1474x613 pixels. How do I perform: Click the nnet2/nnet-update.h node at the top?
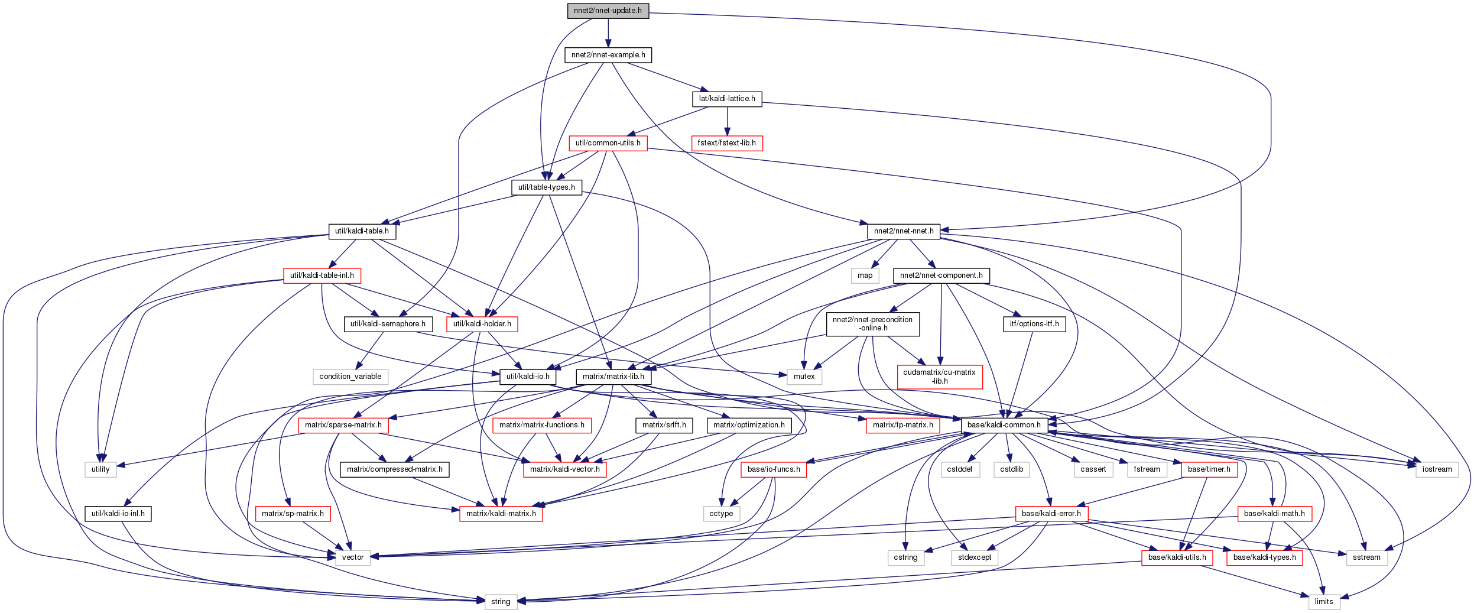(x=608, y=11)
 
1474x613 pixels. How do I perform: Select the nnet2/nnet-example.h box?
(x=608, y=55)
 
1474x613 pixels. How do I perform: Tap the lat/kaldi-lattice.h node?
(x=727, y=99)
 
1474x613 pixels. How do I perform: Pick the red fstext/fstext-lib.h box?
(x=727, y=143)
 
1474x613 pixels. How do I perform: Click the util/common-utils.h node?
(x=608, y=143)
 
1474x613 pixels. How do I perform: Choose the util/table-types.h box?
(x=546, y=187)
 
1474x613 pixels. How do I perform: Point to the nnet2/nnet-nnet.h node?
(x=904, y=231)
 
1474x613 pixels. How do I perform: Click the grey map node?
(x=865, y=275)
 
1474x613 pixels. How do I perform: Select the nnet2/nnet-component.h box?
(x=941, y=275)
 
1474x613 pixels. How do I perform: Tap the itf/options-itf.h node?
(x=1034, y=324)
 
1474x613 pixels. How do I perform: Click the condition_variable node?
(x=350, y=377)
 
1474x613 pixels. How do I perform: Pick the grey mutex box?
(x=804, y=377)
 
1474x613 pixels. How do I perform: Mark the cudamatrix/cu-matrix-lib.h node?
(x=940, y=377)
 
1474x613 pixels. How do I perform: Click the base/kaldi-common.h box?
(x=1004, y=425)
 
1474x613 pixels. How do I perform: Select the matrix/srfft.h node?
(x=664, y=425)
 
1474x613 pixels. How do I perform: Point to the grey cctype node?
(x=721, y=514)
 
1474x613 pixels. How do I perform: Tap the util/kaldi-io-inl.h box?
(x=118, y=514)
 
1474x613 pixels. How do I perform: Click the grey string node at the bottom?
(x=501, y=602)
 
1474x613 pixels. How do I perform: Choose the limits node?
(x=1324, y=602)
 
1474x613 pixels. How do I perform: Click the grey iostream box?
(x=1437, y=469)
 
